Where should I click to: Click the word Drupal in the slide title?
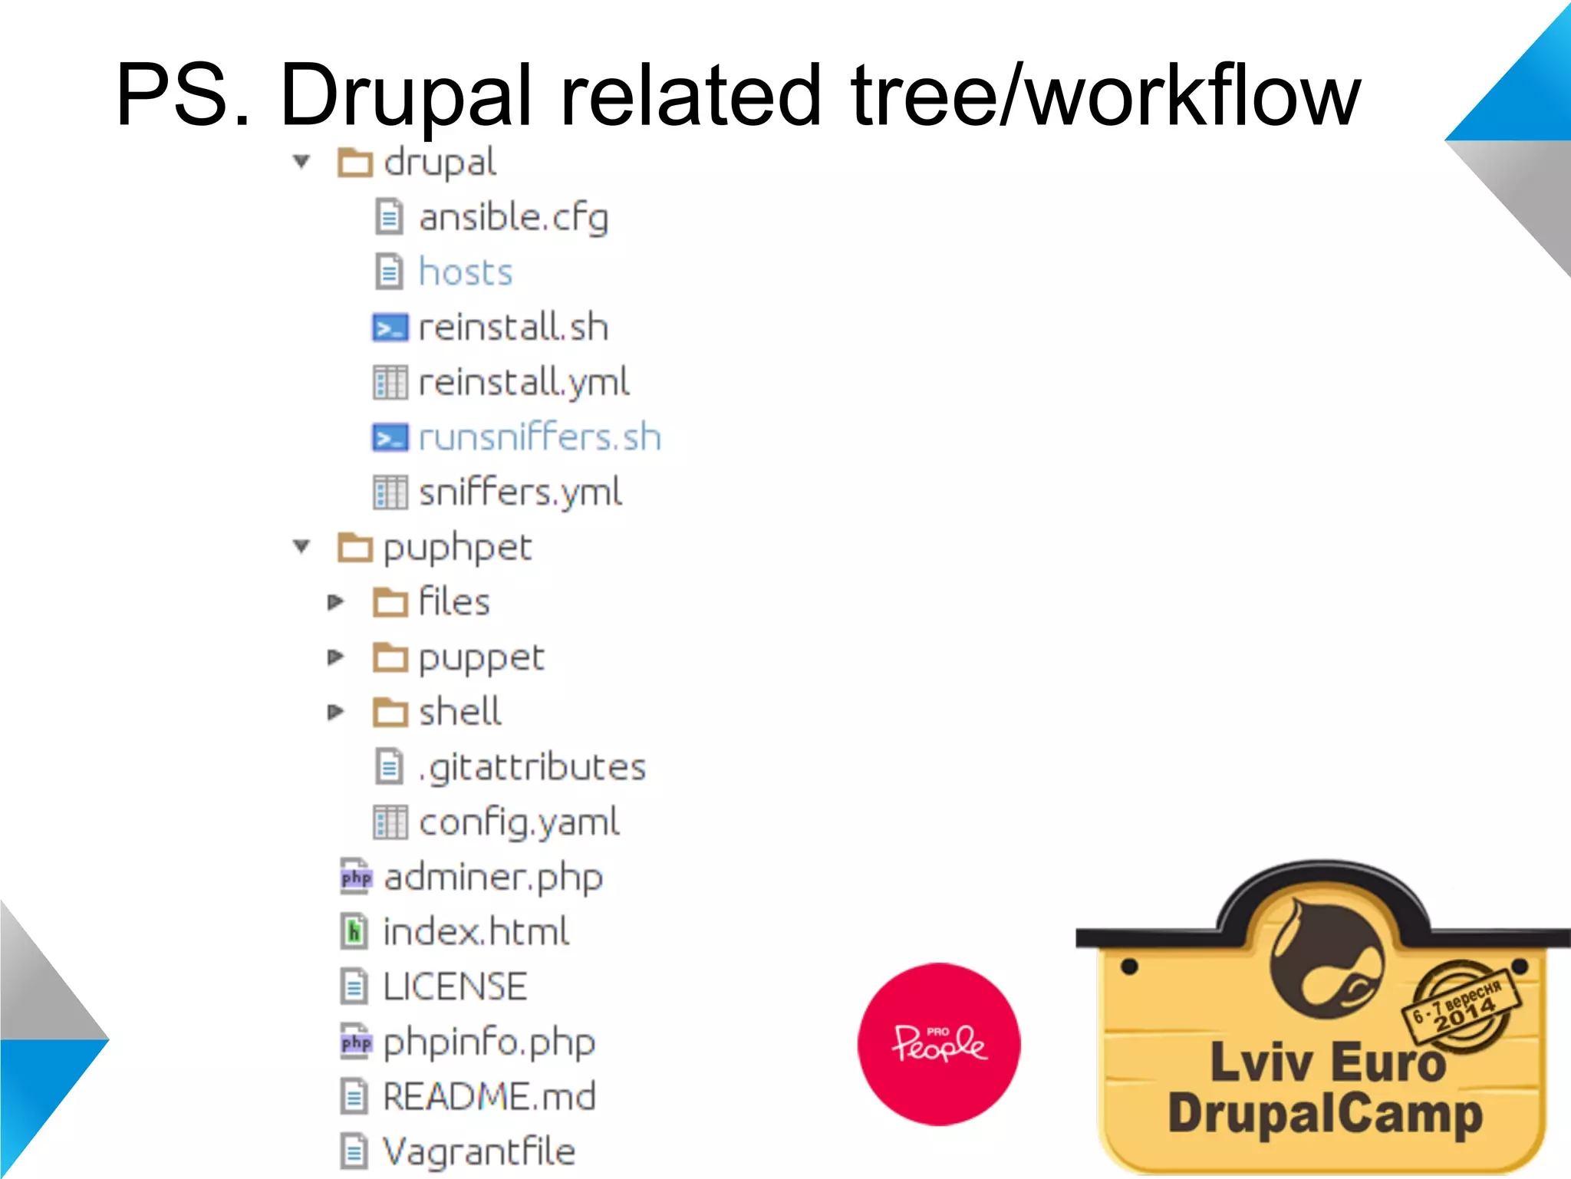[407, 96]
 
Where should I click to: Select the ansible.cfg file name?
[513, 218]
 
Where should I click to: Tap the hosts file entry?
[465, 272]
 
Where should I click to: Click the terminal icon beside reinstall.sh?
[390, 328]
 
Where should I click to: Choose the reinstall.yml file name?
[524, 382]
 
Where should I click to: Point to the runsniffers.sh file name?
[539, 437]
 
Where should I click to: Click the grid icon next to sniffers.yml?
[390, 492]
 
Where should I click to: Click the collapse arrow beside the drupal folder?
[301, 162]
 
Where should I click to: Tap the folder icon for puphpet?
[355, 548]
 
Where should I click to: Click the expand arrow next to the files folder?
[335, 602]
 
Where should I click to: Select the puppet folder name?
[481, 658]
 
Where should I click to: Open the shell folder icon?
[390, 713]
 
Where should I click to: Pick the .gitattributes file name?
[532, 768]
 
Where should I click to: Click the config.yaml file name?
[519, 822]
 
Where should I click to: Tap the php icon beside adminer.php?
[356, 878]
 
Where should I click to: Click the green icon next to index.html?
[354, 932]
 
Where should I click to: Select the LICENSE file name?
[455, 987]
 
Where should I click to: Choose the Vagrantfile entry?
[479, 1151]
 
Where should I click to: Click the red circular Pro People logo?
[939, 1044]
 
